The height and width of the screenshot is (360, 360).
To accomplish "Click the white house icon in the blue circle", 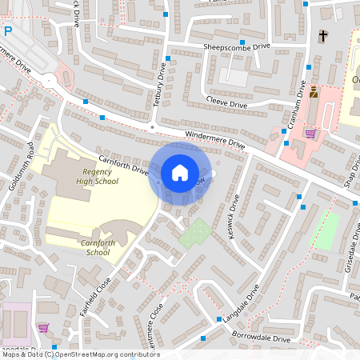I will tap(179, 173).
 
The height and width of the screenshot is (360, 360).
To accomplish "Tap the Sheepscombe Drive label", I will tap(238, 47).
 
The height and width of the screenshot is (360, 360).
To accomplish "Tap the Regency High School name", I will tap(100, 176).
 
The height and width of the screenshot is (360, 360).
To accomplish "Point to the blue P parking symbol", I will tap(7, 32).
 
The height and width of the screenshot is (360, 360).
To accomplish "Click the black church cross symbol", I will tap(323, 35).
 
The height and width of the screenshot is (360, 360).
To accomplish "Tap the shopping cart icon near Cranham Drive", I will tap(310, 134).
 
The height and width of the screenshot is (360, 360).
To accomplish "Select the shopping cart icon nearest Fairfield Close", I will tap(42, 327).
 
